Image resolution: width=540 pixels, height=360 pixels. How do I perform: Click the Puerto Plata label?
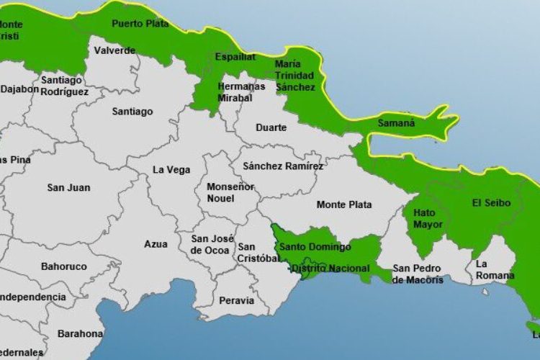(x=140, y=24)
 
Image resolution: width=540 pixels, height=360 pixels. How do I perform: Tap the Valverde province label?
(x=114, y=50)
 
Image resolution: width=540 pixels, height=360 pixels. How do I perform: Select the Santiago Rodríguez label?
(x=65, y=86)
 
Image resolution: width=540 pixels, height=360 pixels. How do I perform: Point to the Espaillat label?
(x=236, y=56)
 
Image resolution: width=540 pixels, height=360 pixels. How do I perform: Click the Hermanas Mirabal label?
(x=241, y=91)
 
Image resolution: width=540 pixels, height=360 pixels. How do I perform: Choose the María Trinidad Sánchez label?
(x=295, y=75)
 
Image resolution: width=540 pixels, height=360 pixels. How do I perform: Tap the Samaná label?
(x=397, y=123)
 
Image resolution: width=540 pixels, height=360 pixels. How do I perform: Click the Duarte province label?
(x=271, y=127)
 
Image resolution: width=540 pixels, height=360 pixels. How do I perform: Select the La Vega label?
(x=171, y=170)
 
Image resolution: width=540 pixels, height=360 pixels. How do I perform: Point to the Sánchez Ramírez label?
(x=283, y=166)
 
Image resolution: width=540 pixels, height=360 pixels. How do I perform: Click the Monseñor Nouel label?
(x=220, y=192)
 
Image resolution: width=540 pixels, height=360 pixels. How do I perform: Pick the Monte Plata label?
(x=344, y=204)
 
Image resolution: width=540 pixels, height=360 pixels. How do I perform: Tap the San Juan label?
(x=68, y=188)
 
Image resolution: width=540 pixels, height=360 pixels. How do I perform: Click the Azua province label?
(x=156, y=244)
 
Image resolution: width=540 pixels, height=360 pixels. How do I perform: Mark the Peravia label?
(x=236, y=300)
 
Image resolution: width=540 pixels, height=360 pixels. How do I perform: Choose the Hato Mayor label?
(x=428, y=219)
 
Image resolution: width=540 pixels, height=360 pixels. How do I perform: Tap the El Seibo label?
(x=491, y=203)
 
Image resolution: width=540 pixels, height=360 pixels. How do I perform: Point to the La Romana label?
(x=495, y=269)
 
